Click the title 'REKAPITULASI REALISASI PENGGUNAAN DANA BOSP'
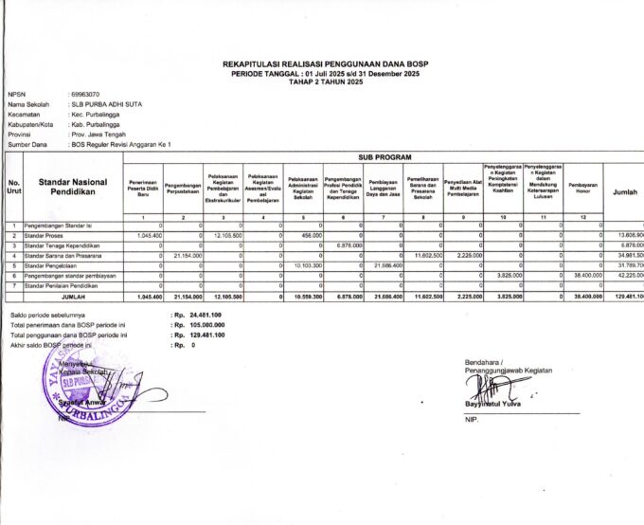click(x=325, y=63)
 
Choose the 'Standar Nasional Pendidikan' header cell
click(x=72, y=186)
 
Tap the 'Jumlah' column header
click(x=624, y=191)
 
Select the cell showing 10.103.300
click(x=307, y=265)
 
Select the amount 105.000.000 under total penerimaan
click(x=202, y=324)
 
